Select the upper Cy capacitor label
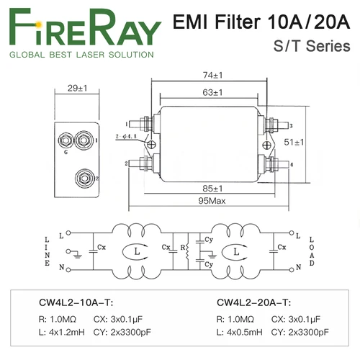209,239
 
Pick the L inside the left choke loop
134,253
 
